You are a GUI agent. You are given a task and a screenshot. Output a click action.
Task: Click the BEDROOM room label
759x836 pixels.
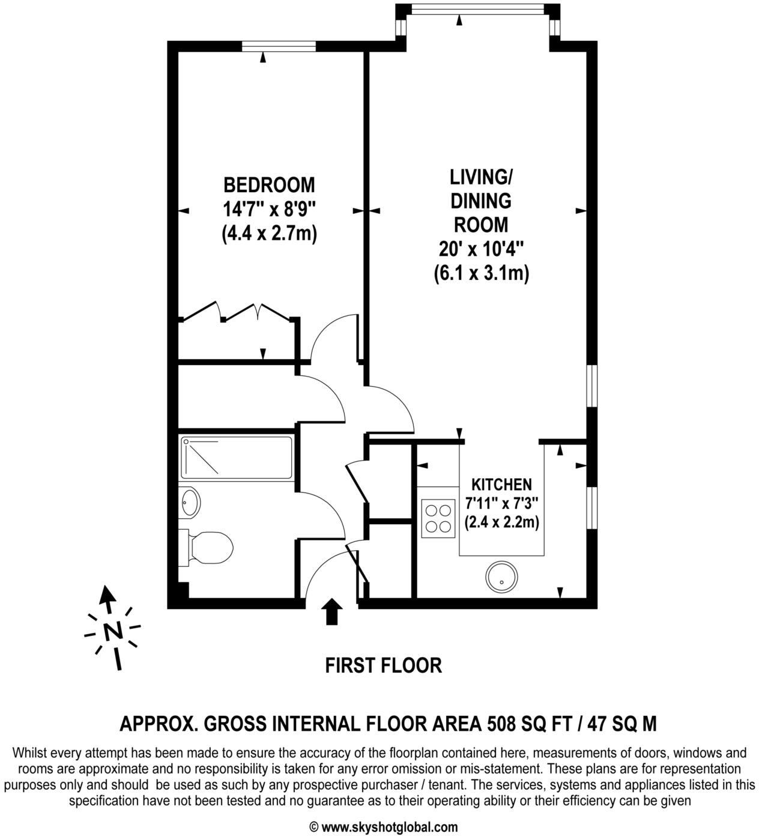click(x=269, y=184)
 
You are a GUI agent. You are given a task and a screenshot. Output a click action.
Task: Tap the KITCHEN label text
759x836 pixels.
click(x=501, y=484)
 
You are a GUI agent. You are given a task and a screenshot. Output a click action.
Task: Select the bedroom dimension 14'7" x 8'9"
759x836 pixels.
click(x=269, y=209)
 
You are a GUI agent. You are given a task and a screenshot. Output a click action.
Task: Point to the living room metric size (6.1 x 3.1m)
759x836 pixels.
click(x=481, y=274)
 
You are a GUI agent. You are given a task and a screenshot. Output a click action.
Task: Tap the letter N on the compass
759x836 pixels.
click(x=112, y=631)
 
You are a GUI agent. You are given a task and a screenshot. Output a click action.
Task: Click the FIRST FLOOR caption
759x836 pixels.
click(x=383, y=665)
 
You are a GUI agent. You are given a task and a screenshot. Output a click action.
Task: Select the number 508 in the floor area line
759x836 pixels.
click(x=500, y=724)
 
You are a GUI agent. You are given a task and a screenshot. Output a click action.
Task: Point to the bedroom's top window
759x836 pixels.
click(x=279, y=46)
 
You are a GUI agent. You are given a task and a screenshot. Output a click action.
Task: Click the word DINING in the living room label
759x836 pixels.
click(x=481, y=201)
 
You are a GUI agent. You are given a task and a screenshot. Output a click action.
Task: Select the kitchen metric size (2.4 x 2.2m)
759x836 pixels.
click(x=502, y=522)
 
